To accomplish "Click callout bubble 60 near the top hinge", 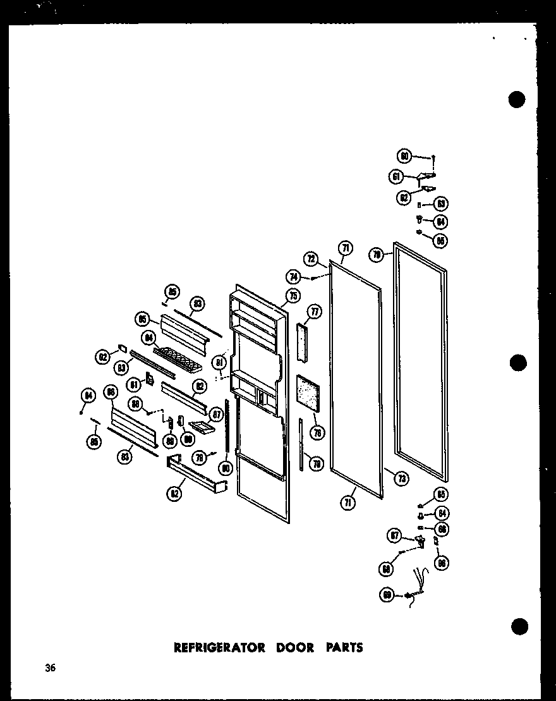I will [x=404, y=155].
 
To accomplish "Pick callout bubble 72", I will [x=310, y=259].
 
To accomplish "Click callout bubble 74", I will [x=293, y=276].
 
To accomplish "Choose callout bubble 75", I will [x=293, y=296].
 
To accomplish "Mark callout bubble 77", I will [x=314, y=310].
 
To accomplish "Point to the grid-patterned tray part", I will [x=178, y=358].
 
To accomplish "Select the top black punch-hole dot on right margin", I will [x=517, y=100].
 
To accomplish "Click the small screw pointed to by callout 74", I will [x=313, y=277].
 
